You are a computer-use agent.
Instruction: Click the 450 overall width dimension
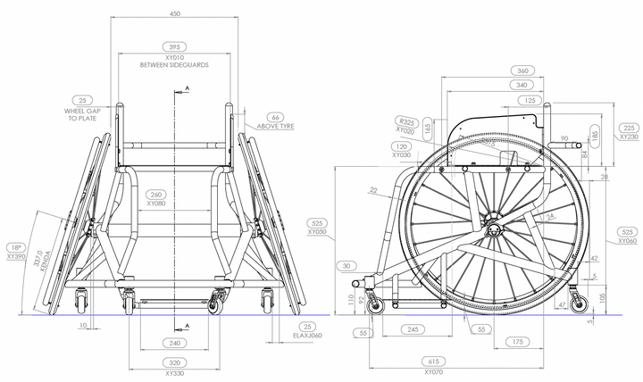[175, 13]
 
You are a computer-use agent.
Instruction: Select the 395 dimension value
[175, 46]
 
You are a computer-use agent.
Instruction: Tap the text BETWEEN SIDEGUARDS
[175, 65]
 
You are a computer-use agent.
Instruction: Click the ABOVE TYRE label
[276, 126]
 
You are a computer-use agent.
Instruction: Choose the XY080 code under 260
[156, 203]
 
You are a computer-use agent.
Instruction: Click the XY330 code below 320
[175, 373]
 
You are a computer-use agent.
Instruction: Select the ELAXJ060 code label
[308, 336]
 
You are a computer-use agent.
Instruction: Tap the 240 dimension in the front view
[175, 343]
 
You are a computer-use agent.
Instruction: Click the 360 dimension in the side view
[524, 70]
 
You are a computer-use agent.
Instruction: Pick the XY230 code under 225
[628, 137]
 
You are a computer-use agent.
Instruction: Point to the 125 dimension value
[530, 101]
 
